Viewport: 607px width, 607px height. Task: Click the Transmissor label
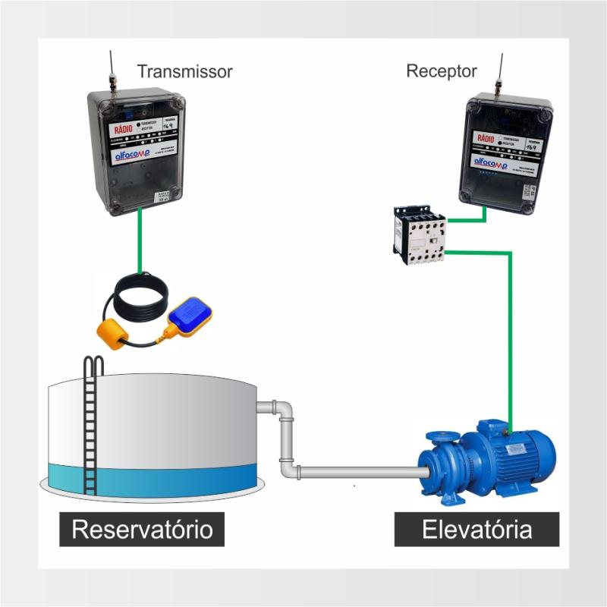(184, 72)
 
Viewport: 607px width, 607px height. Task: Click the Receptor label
(442, 71)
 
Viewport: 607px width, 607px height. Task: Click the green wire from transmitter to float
(140, 243)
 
